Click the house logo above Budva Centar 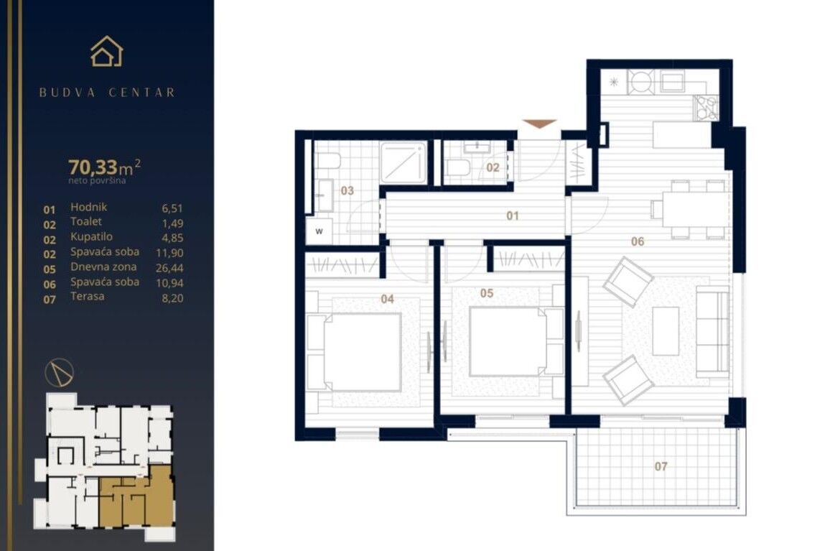coord(107,52)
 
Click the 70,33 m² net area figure coord(104,167)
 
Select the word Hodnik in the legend coord(89,207)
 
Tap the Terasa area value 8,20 coord(172,298)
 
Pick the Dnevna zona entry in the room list coord(103,267)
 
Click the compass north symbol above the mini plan coord(60,372)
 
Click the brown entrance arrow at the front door coord(539,124)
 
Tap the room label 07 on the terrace coord(661,466)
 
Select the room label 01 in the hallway coord(513,216)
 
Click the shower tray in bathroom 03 coord(403,162)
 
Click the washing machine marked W coord(320,231)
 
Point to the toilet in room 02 coord(458,168)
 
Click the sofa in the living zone coord(713,332)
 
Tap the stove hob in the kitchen coord(706,107)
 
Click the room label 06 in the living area coord(637,241)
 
